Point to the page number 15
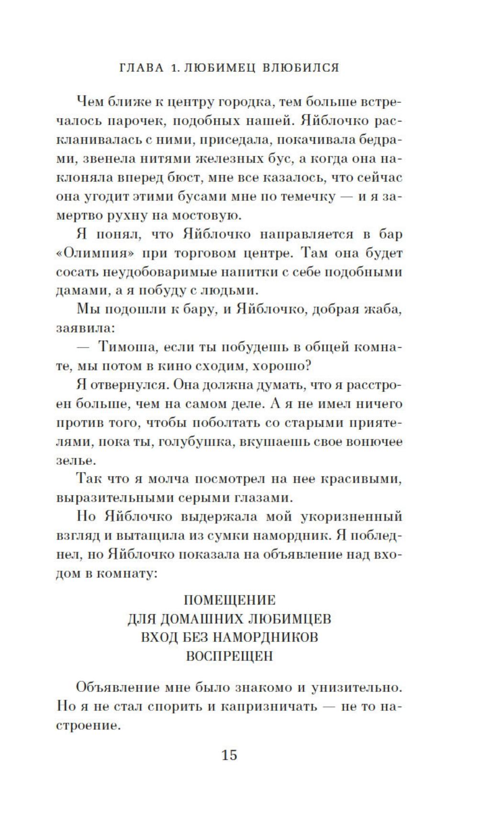point(229,755)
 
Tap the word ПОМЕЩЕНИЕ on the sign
point(230,600)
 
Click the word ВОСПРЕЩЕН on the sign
point(230,656)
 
